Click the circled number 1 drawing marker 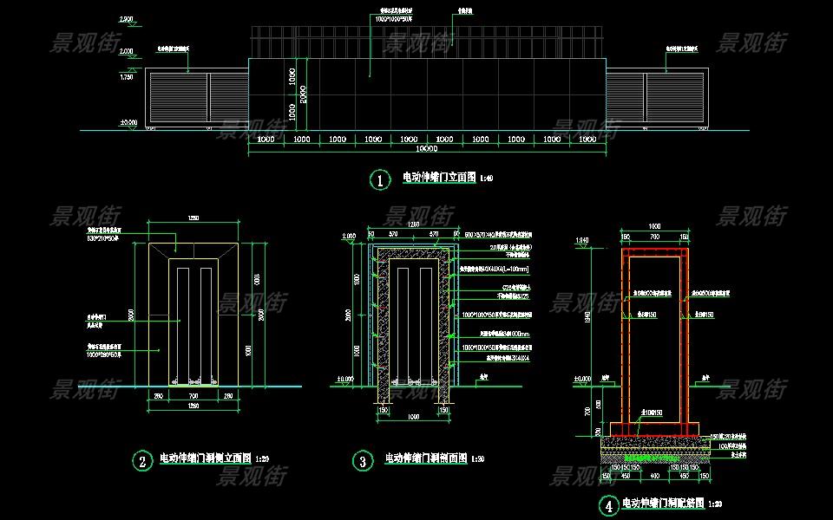click(380, 179)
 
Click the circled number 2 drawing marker click(141, 460)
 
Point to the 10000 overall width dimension click(426, 150)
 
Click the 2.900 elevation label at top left click(127, 18)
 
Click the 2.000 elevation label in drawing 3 click(349, 236)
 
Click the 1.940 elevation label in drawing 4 click(582, 239)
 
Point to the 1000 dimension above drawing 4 click(654, 226)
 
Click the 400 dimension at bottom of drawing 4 click(654, 475)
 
